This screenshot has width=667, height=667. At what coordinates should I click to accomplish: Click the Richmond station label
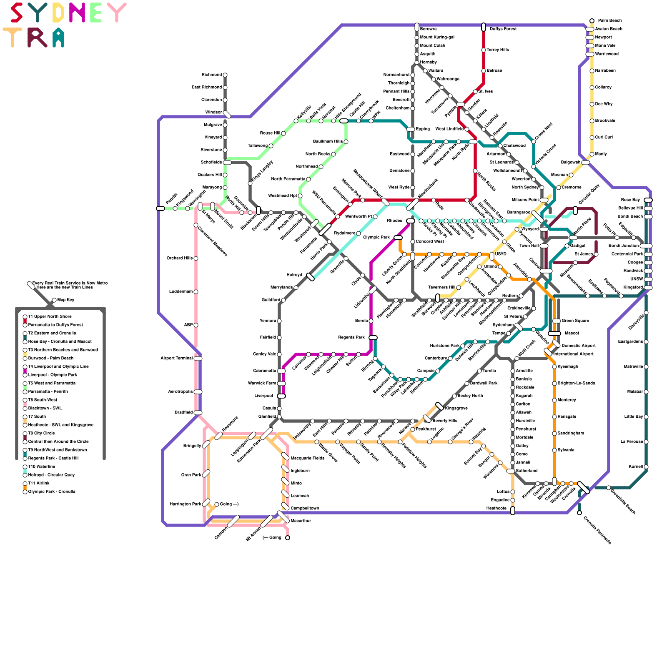[x=211, y=75]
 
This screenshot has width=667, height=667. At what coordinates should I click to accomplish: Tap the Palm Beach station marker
[x=592, y=21]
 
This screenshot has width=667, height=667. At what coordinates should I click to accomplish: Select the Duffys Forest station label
[x=503, y=29]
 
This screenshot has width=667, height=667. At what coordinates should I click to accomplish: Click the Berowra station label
[x=428, y=29]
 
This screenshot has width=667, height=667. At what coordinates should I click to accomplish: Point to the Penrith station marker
[x=160, y=208]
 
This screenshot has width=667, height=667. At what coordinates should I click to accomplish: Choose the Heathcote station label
[x=496, y=509]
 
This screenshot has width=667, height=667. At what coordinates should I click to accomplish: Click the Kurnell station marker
[x=646, y=467]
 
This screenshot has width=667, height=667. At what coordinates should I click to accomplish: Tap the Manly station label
[x=601, y=154]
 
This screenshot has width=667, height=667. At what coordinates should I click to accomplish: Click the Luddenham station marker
[x=196, y=292]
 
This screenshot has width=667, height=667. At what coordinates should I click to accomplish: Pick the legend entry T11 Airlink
[x=39, y=484]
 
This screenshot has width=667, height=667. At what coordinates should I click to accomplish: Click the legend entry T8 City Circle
[x=41, y=434]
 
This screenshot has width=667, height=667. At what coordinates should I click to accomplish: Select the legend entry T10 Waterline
[x=41, y=467]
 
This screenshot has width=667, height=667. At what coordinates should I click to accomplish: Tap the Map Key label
[x=65, y=300]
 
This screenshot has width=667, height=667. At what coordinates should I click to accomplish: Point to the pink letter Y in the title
[x=116, y=13]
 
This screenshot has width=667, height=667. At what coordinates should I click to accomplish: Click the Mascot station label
[x=572, y=333]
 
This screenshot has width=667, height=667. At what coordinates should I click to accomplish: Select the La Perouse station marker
[x=646, y=442]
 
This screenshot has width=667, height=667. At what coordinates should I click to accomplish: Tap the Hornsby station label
[x=428, y=63]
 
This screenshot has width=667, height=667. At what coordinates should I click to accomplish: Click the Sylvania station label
[x=566, y=450]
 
